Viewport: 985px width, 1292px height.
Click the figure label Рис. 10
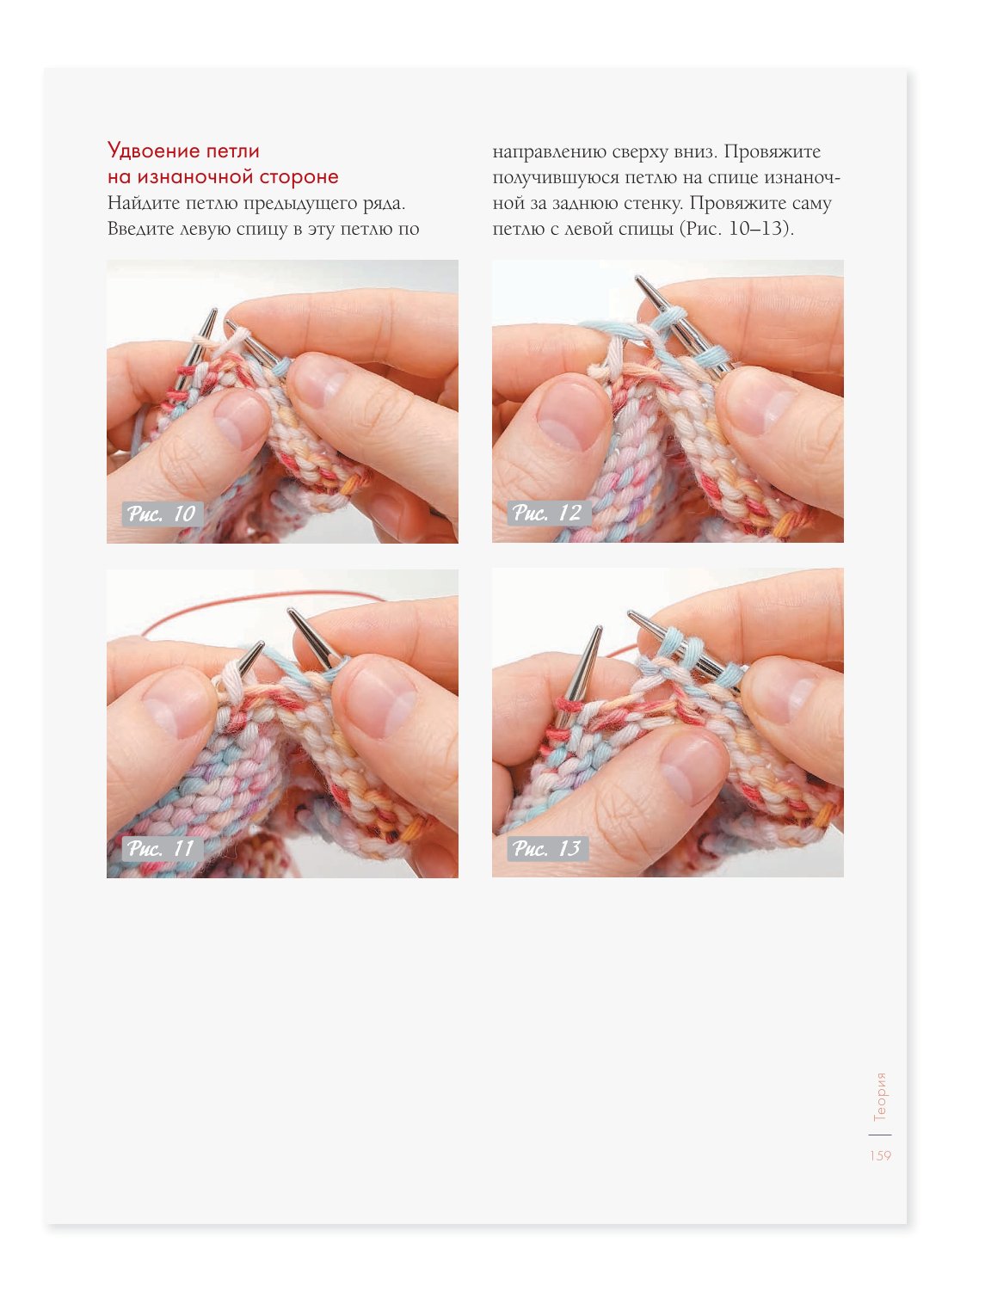[162, 514]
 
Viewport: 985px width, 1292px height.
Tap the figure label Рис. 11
[162, 848]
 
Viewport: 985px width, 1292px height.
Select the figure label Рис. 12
[548, 513]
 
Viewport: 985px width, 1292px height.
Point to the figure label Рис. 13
[548, 848]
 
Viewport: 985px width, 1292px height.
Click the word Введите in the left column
[140, 229]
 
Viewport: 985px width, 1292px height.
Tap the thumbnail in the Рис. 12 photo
[572, 416]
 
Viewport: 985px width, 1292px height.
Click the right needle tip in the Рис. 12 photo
[637, 278]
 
